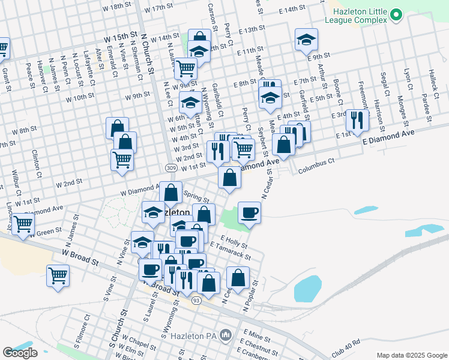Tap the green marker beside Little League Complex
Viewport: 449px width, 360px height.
click(396, 14)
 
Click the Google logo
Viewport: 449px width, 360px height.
click(20, 353)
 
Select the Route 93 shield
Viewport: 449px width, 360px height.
click(196, 300)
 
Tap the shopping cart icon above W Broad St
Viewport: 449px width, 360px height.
click(58, 276)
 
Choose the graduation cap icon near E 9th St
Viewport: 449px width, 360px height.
click(306, 40)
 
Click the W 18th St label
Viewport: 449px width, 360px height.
click(116, 7)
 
